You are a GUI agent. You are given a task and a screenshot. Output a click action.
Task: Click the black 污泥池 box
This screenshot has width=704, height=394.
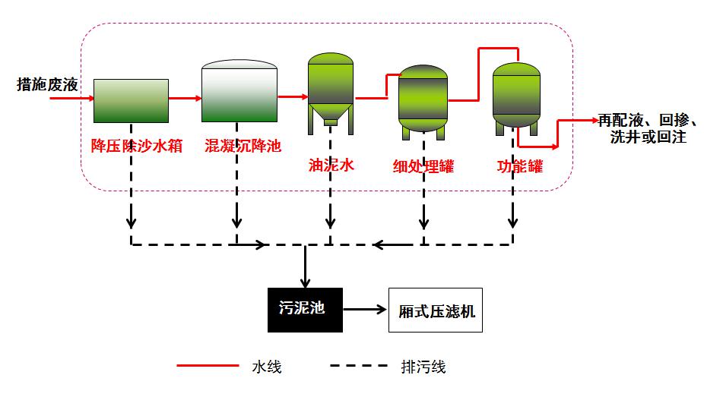304,310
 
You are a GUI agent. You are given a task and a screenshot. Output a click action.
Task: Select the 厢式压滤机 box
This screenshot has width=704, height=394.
436,310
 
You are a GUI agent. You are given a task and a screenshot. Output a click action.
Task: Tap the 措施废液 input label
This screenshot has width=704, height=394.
47,84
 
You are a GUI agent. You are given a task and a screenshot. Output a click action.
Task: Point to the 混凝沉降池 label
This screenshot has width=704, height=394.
243,146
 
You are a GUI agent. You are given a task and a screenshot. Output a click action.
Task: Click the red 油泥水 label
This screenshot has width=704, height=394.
331,164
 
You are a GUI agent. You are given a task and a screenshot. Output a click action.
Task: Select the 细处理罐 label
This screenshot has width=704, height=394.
423,165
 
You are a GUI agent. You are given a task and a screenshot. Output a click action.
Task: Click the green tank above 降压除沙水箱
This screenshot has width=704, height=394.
131,100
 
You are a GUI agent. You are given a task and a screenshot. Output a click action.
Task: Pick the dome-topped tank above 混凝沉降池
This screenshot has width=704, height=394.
239,91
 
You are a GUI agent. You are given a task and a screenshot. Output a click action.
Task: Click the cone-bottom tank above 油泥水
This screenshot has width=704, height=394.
331,87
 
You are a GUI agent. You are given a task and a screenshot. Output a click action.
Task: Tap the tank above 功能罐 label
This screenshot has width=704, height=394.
516,95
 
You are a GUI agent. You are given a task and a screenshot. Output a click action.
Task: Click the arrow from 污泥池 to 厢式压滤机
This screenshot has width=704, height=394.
365,310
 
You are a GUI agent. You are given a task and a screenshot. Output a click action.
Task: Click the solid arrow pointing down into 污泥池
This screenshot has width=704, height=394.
305,266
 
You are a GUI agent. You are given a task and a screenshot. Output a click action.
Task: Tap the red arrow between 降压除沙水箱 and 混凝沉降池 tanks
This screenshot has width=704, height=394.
185,98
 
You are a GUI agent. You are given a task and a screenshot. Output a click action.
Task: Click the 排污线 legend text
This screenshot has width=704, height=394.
423,367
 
